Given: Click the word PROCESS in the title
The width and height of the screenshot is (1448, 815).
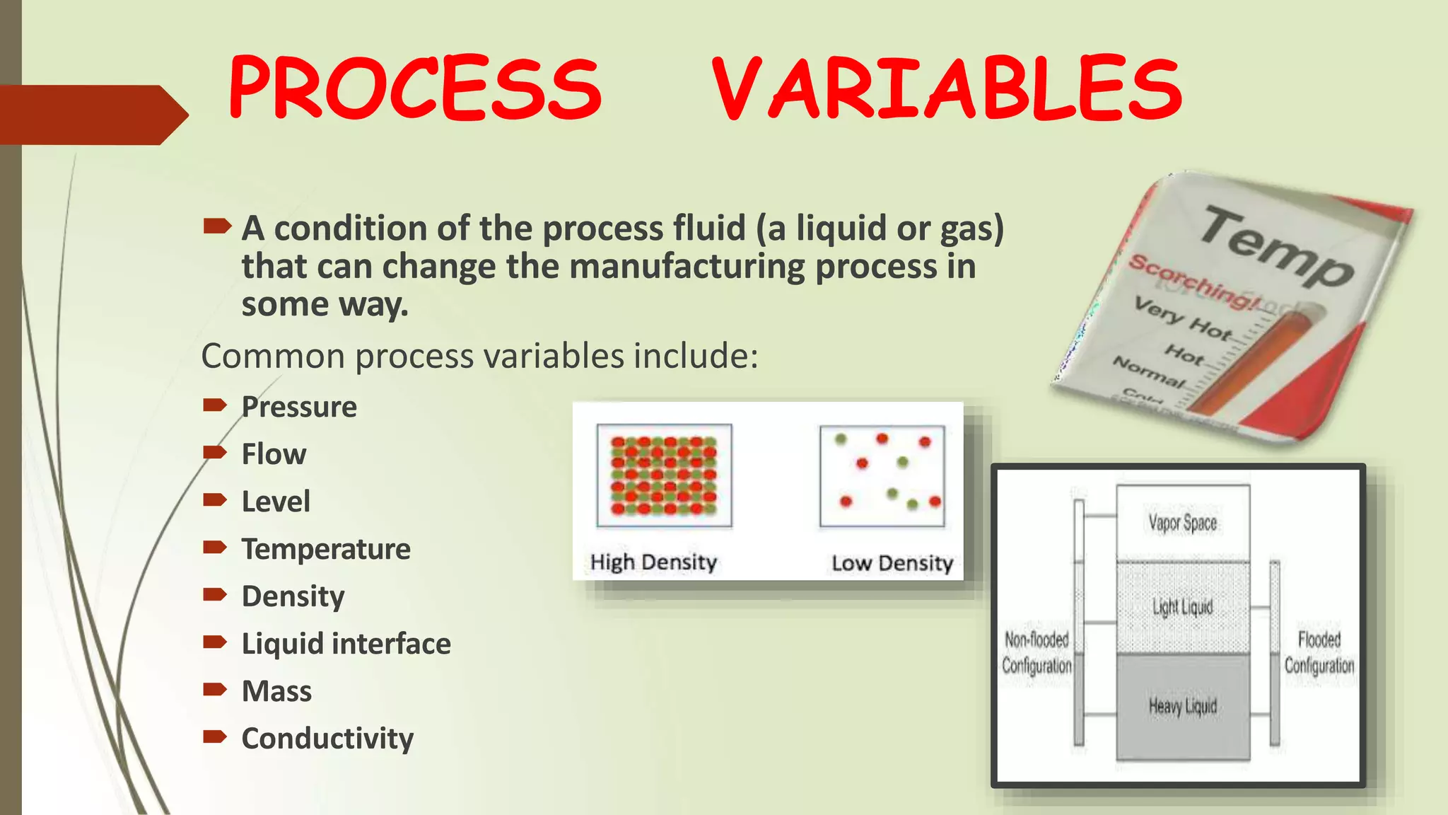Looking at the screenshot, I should (x=415, y=88).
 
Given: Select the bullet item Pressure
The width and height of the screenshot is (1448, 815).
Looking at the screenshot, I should (x=299, y=407).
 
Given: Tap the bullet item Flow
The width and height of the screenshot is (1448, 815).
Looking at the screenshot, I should (x=274, y=454).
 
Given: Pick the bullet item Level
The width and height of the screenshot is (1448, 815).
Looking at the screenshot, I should (x=276, y=502).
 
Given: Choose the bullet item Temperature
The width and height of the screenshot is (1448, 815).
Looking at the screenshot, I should (x=326, y=549).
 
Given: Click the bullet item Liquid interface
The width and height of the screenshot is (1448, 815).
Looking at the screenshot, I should (x=346, y=644).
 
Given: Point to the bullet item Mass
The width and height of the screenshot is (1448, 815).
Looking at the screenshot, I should (x=276, y=691).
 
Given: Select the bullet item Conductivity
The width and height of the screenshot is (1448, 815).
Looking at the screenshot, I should (x=327, y=739).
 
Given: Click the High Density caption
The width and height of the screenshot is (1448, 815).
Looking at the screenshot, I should (x=653, y=562).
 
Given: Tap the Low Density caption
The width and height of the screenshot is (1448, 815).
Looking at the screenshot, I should (x=892, y=563).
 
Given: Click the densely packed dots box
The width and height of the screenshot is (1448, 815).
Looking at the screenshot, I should (x=664, y=475).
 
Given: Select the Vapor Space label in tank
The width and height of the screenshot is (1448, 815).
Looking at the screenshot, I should (x=1182, y=523).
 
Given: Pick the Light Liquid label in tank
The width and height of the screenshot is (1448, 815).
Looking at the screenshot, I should (x=1182, y=607).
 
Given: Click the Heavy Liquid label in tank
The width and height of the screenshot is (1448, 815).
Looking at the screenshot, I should (x=1182, y=706).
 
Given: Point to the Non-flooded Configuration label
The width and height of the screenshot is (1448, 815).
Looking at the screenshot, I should (x=1037, y=652).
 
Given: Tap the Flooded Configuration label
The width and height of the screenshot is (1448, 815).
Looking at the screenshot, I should (x=1319, y=652).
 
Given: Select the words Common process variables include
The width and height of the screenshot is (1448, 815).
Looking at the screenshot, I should (x=479, y=356).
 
